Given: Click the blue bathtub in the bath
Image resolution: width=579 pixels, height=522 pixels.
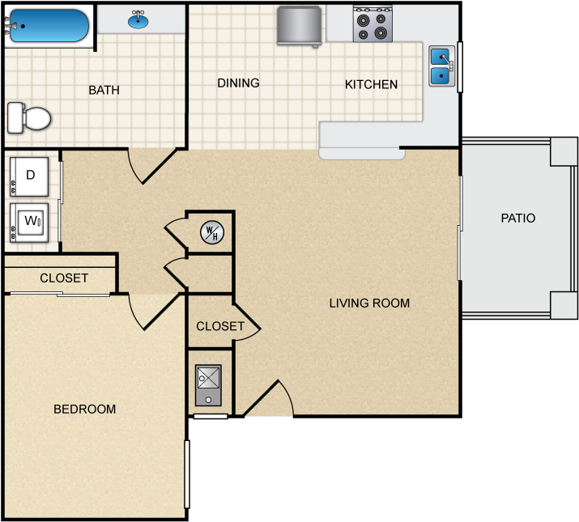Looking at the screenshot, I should point(49,25).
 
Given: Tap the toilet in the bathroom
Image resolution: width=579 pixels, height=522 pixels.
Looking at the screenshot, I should point(30,118).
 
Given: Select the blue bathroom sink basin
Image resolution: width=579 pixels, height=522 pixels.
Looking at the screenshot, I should point(138,21).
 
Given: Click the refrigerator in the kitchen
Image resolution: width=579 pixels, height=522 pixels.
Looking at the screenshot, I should point(300,24).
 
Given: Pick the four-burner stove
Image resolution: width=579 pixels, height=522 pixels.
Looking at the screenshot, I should point(373,23).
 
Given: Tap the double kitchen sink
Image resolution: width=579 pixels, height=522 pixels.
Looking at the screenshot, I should point(441,66).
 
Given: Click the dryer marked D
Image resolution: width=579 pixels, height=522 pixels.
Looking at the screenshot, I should point(30,176).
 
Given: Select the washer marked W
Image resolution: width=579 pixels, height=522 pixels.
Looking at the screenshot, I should point(30,221).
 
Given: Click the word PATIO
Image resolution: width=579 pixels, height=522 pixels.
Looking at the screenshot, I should point(518,218).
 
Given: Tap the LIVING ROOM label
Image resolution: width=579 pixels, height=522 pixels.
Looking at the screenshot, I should point(369,303).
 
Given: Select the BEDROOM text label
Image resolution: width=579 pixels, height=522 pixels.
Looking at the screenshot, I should point(84,410).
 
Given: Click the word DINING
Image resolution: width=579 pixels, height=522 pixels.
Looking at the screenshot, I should point(238,83).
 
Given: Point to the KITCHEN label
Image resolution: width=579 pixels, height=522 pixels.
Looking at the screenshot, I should point(371,84).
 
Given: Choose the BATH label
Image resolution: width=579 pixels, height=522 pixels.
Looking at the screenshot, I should point(104,90).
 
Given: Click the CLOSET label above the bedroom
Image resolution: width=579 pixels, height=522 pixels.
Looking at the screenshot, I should point(64,278).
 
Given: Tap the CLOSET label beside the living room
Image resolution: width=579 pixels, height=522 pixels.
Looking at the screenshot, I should point(220,326).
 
